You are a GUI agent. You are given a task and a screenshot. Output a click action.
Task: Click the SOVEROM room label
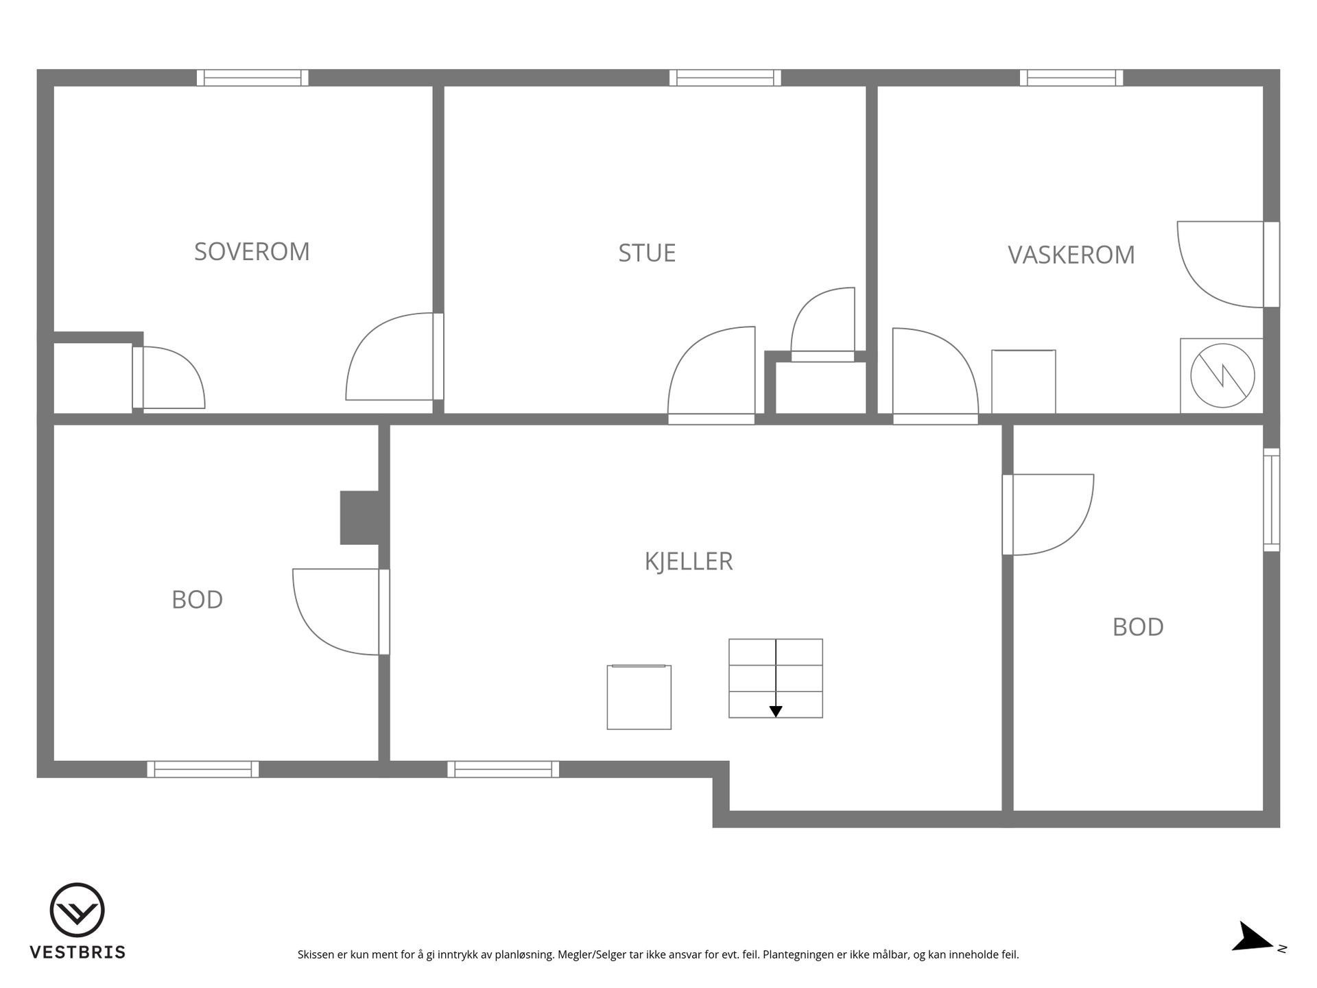pos(252,252)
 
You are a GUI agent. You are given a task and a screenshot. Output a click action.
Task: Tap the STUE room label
pos(647,253)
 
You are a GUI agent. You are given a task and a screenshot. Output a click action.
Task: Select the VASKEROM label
pos(1071,255)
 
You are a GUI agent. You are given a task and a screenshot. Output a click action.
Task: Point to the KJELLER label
pos(689,561)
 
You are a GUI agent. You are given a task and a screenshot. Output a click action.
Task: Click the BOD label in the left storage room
pos(197,600)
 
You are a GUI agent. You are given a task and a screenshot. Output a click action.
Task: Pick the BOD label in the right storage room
pos(1138,627)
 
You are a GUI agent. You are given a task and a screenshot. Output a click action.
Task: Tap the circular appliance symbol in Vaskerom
pos(1222,376)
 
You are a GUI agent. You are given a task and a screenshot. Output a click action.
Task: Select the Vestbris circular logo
pos(77,910)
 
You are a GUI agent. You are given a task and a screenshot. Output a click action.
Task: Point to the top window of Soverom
pos(252,78)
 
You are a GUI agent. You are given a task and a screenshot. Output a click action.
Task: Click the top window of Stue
pos(725,78)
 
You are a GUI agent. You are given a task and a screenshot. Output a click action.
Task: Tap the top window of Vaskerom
pos(1071,78)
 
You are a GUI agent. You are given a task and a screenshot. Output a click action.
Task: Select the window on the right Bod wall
pos(1272,499)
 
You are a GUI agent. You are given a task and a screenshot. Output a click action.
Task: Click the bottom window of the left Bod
pos(203,769)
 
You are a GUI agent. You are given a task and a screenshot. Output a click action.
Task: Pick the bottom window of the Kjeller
pos(503,769)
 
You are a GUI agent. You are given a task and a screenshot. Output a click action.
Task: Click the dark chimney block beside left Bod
pos(360,518)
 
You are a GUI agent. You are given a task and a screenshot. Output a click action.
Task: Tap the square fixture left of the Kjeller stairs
pos(639,697)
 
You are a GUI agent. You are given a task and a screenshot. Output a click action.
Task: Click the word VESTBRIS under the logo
pos(78,952)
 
